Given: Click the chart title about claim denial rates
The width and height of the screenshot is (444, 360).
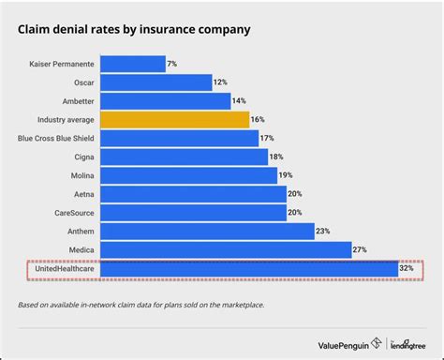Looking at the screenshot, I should [x=134, y=30].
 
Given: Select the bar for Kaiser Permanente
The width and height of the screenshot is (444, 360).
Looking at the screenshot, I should [x=131, y=64].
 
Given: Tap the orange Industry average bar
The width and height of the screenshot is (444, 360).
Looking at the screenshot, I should [x=174, y=119].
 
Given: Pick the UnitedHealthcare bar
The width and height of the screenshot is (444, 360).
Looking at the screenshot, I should [x=249, y=269].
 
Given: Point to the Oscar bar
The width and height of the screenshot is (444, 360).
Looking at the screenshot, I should [x=155, y=82].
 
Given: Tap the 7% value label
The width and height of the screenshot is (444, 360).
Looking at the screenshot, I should [x=171, y=64].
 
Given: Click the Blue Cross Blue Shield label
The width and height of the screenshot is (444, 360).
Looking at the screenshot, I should [x=56, y=138].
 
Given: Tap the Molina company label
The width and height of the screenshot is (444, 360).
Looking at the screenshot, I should [x=81, y=175].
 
